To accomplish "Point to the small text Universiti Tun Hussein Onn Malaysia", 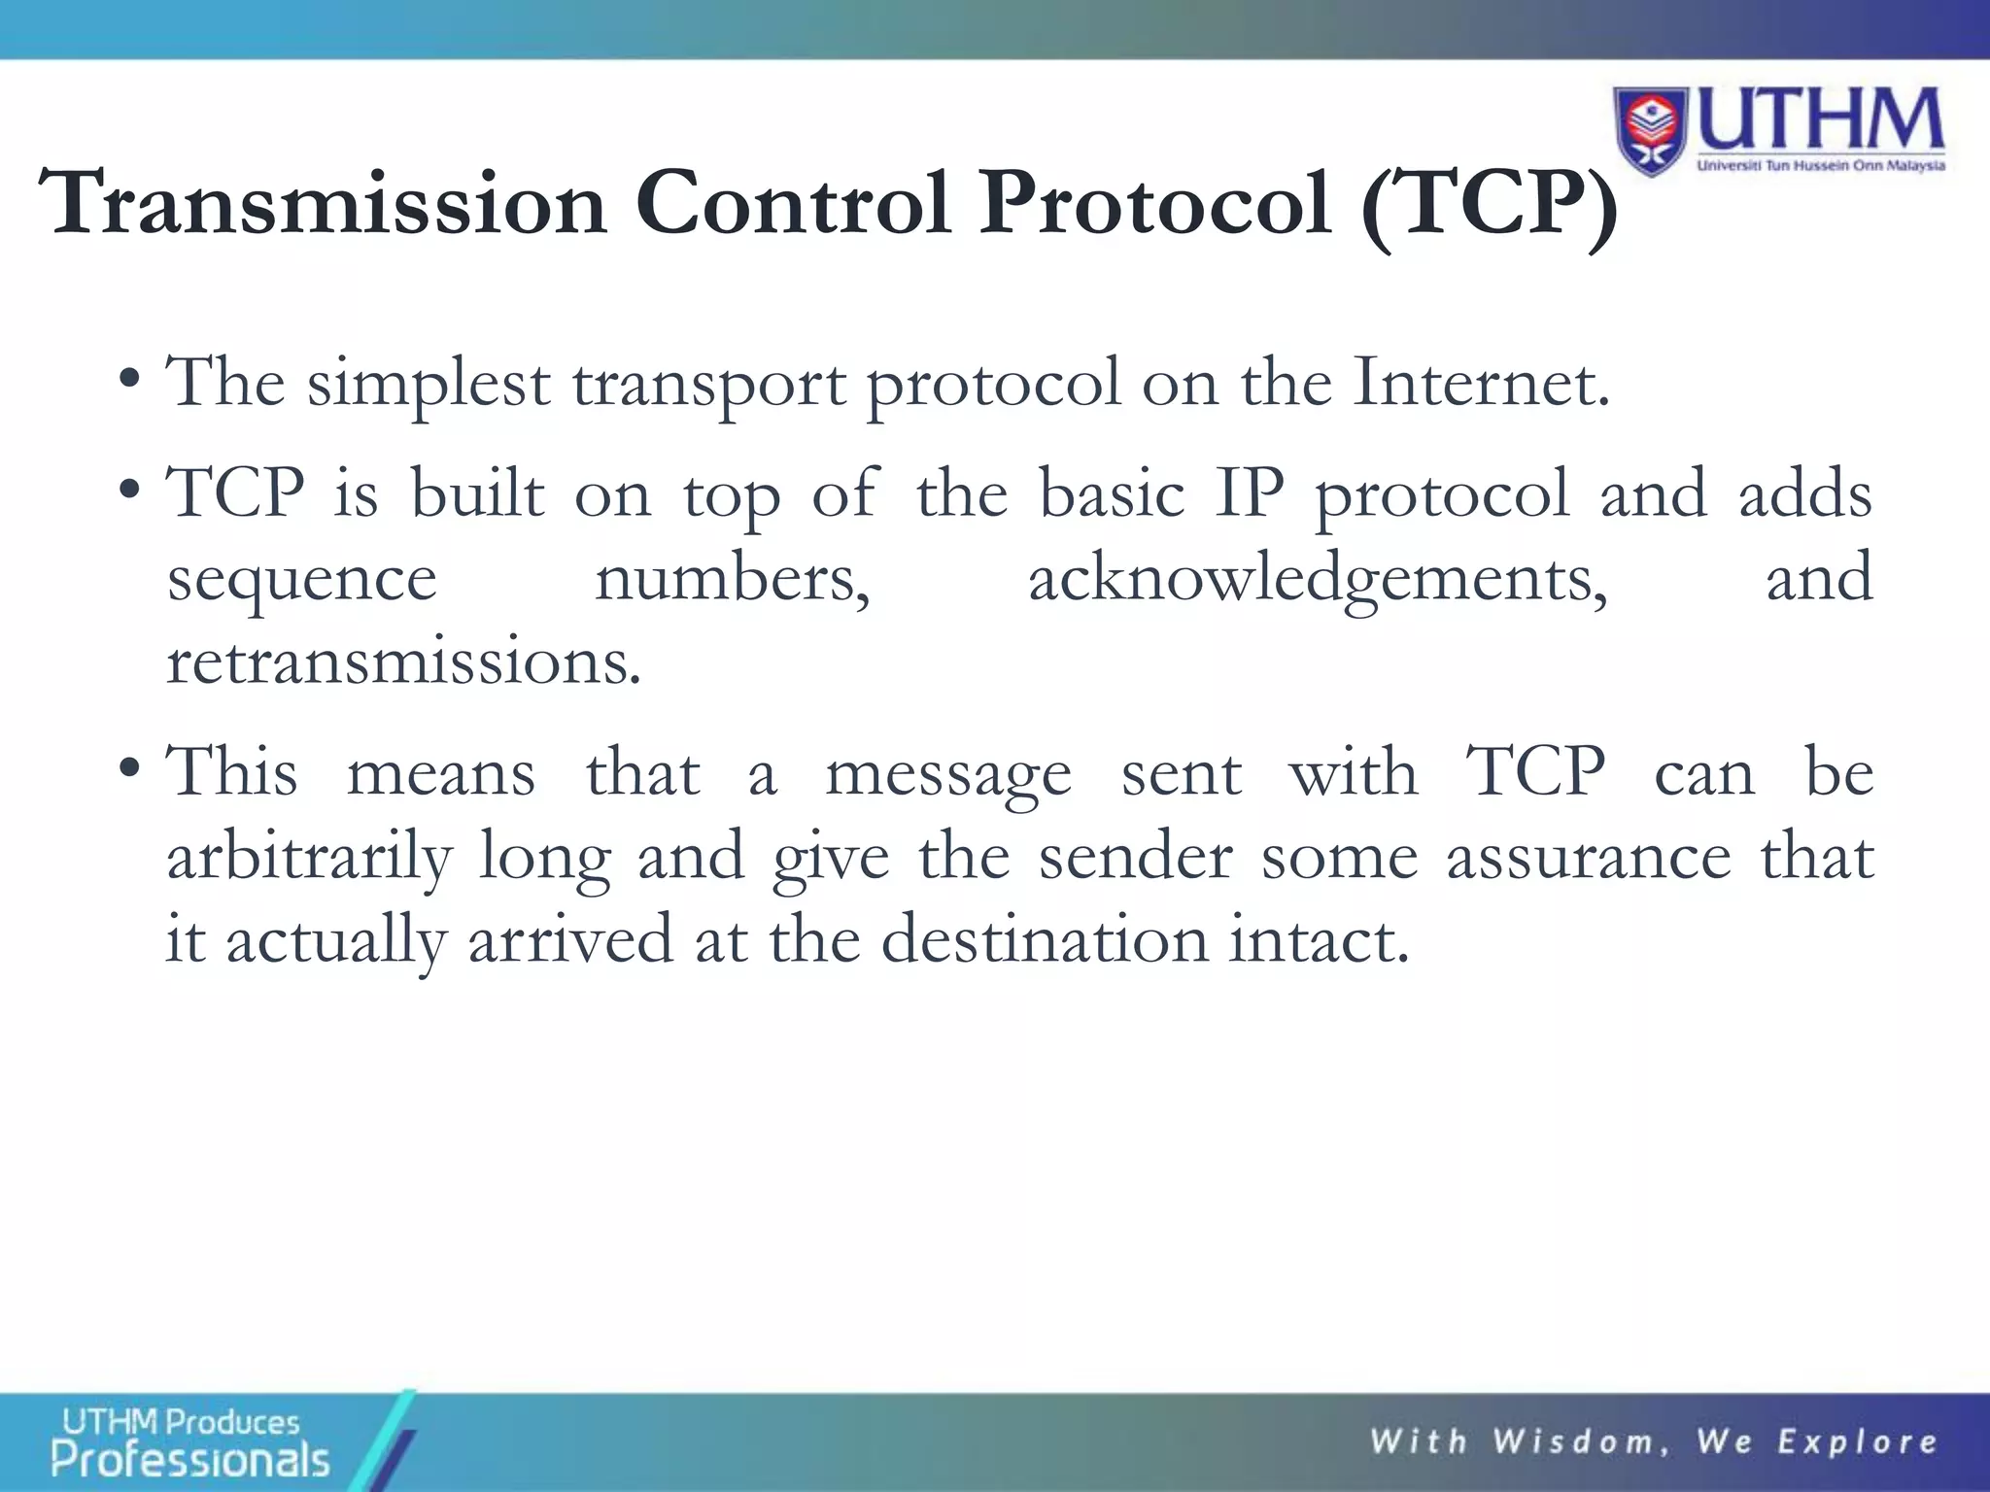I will click(1820, 166).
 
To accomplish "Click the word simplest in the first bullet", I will click(429, 385).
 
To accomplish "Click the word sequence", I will click(301, 581).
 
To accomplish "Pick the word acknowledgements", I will click(1318, 581).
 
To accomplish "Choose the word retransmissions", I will click(403, 662).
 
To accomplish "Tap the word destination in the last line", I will click(1044, 940).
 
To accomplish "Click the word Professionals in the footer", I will click(190, 1460).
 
